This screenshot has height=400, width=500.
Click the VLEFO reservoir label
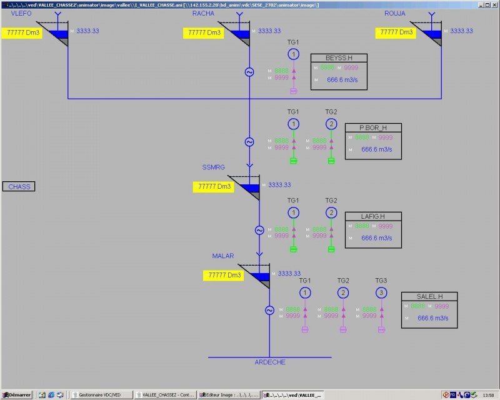pyautogui.click(x=21, y=13)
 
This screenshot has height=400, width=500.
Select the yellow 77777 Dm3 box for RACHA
pyautogui.click(x=204, y=32)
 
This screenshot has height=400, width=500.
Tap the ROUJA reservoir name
pyautogui.click(x=395, y=13)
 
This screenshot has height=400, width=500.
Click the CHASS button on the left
pyautogui.click(x=19, y=186)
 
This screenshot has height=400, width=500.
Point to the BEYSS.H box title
pyautogui.click(x=339, y=58)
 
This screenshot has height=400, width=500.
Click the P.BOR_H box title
pyautogui.click(x=373, y=127)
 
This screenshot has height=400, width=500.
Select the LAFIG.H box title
pyautogui.click(x=373, y=216)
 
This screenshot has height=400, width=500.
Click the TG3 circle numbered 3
pyautogui.click(x=381, y=292)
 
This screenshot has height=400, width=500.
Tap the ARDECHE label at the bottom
pyautogui.click(x=269, y=362)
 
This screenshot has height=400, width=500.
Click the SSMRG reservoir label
pyautogui.click(x=213, y=167)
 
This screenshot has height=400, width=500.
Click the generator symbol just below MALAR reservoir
pyautogui.click(x=269, y=310)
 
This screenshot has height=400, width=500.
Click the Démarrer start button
pyautogui.click(x=17, y=394)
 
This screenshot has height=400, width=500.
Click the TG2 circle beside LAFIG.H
pyautogui.click(x=331, y=212)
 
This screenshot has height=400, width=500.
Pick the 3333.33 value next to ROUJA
pyautogui.click(x=461, y=31)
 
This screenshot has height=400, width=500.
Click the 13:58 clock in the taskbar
pyautogui.click(x=488, y=394)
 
